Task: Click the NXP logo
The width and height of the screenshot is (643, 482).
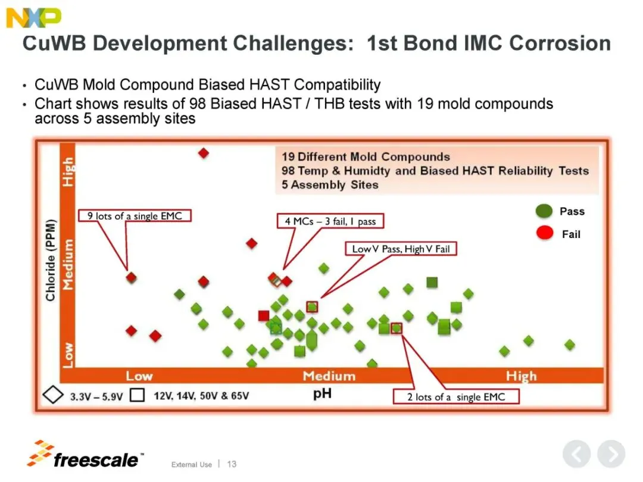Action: coord(33,18)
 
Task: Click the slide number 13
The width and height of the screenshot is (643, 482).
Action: coord(232,464)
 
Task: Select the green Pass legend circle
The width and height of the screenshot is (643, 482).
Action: coord(544,211)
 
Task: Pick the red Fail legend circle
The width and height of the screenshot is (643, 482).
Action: coord(545,233)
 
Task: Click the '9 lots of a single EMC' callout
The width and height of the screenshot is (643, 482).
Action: coord(135,215)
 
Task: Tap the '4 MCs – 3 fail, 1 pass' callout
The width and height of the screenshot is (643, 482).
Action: coord(330,221)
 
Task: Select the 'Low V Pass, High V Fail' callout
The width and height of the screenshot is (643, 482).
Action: coord(401,249)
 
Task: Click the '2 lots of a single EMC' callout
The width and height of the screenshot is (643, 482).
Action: coord(456,397)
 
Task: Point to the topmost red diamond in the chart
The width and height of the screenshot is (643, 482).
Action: coord(204,154)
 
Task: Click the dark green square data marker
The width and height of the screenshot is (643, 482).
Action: coord(432,282)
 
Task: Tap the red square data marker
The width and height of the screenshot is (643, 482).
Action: coord(264,315)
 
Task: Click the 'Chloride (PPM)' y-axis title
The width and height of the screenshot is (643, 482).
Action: coord(50,260)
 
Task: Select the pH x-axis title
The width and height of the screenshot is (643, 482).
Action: coord(322,393)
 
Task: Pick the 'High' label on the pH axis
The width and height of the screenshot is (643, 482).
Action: coord(521,376)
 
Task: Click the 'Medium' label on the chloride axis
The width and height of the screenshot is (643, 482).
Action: coord(68,264)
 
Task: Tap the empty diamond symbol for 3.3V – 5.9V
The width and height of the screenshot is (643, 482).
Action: coord(53,395)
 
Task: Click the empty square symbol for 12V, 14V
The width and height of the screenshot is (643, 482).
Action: coord(138,395)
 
